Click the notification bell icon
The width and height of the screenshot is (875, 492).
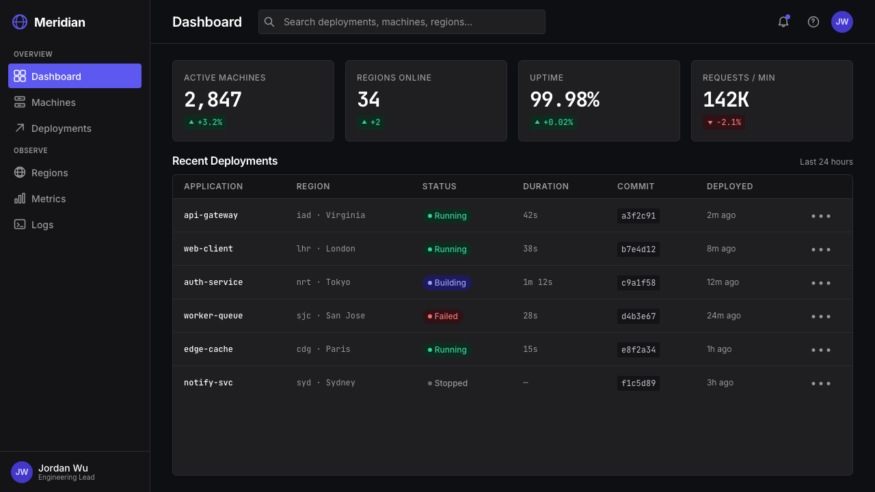783,22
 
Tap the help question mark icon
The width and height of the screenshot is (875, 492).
813,22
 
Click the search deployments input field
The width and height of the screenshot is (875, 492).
401,22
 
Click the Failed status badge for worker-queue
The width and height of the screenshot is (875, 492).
442,316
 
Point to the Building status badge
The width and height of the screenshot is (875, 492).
447,283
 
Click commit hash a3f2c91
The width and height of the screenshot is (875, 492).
638,216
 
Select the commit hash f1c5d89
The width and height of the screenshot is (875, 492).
638,383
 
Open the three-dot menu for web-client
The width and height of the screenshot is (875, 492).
821,249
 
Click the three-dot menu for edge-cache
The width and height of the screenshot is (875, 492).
821,350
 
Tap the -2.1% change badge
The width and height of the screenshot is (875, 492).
724,122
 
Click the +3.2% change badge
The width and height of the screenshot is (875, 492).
205,122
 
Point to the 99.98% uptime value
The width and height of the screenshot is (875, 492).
565,99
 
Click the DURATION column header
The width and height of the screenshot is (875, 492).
546,187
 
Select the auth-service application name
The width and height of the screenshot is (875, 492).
213,282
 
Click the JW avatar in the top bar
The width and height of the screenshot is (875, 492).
842,22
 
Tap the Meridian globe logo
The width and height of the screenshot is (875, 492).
20,22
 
